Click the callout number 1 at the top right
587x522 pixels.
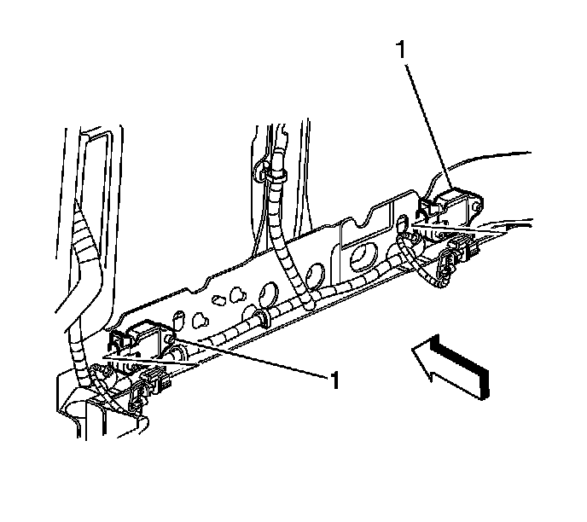401,49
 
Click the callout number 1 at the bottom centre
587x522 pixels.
334,380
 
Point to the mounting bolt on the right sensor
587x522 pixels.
477,207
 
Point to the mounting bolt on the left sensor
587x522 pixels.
169,339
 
